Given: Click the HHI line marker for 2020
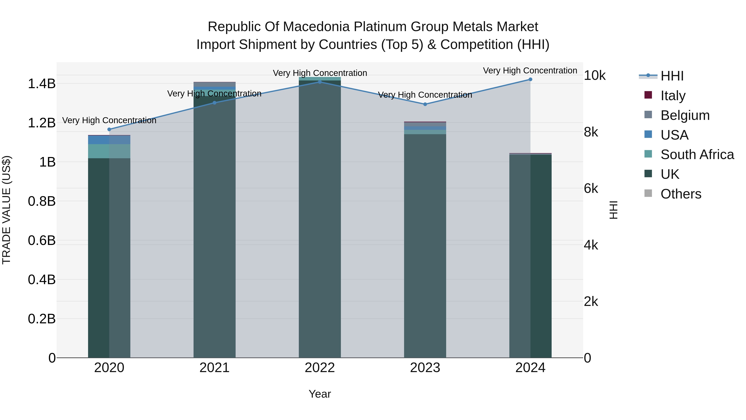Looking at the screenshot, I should pos(109,129).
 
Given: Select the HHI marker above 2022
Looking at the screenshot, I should pos(320,82).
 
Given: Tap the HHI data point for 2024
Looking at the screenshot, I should pos(530,79).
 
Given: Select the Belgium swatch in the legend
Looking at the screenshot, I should pos(648,115).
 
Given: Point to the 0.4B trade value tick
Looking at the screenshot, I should pos(41,280).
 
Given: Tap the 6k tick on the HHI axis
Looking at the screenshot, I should pos(591,189).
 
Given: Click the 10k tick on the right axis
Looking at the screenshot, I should pos(594,76).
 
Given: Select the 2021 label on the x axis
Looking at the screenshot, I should pos(214,368).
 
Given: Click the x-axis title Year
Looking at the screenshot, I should pos(320,394).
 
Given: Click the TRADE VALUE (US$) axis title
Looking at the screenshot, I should pos(6,210).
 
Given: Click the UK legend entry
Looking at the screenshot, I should pos(670,174).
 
